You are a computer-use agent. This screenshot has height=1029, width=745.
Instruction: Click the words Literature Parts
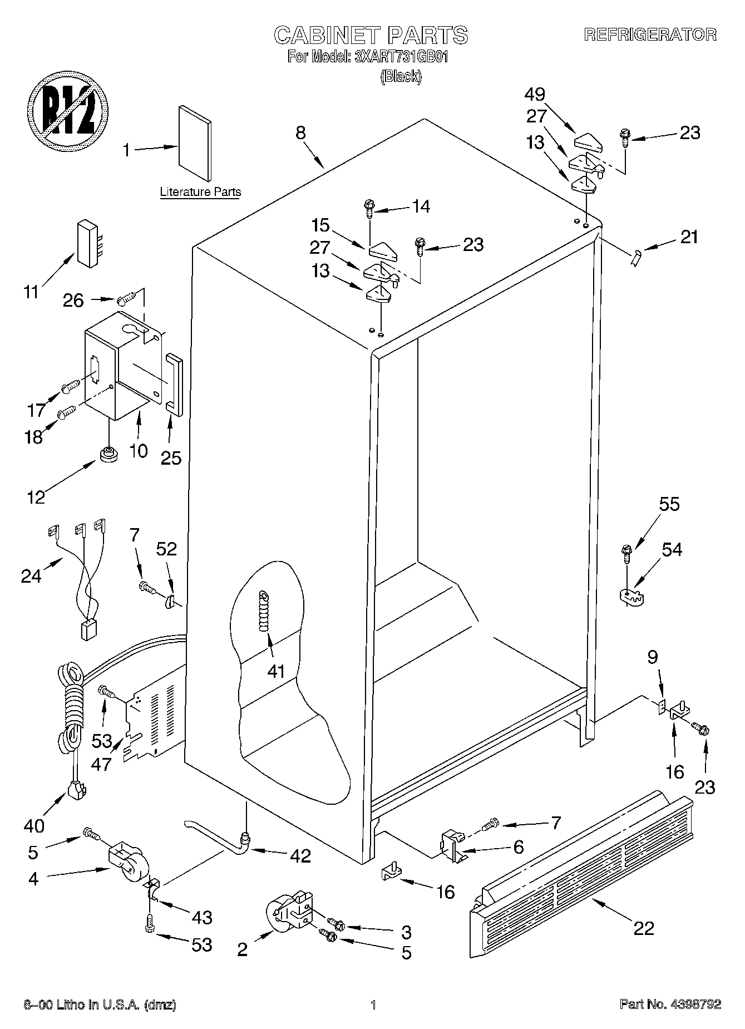[x=200, y=193]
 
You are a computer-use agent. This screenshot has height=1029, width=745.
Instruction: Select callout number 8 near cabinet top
[x=300, y=132]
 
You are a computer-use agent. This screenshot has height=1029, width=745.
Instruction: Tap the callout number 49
[x=534, y=94]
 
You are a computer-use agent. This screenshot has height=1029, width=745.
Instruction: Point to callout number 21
[x=689, y=237]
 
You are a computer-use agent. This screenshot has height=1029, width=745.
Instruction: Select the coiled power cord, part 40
[x=71, y=718]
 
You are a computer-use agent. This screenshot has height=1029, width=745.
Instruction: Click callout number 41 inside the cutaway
[x=275, y=671]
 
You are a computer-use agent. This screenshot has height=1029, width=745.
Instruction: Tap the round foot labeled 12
[x=107, y=454]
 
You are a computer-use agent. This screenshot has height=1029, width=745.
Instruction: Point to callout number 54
[x=672, y=549]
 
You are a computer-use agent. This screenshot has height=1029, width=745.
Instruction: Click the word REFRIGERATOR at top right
[x=650, y=35]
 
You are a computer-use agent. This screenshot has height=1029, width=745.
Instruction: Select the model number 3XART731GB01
[x=402, y=57]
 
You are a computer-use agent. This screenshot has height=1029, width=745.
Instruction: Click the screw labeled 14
[x=368, y=208]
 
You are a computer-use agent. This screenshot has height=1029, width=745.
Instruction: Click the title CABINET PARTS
[x=371, y=35]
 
